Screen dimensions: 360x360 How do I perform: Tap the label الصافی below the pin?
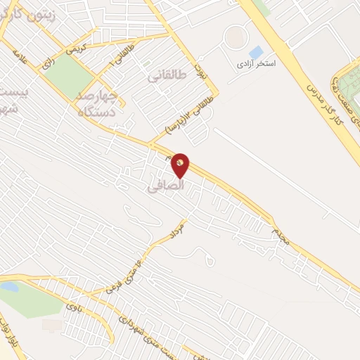[x=167, y=186]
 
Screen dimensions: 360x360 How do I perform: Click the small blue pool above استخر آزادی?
[x=256, y=52]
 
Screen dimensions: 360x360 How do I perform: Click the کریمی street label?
[x=74, y=49]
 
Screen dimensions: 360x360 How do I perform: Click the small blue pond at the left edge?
[x=8, y=286]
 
